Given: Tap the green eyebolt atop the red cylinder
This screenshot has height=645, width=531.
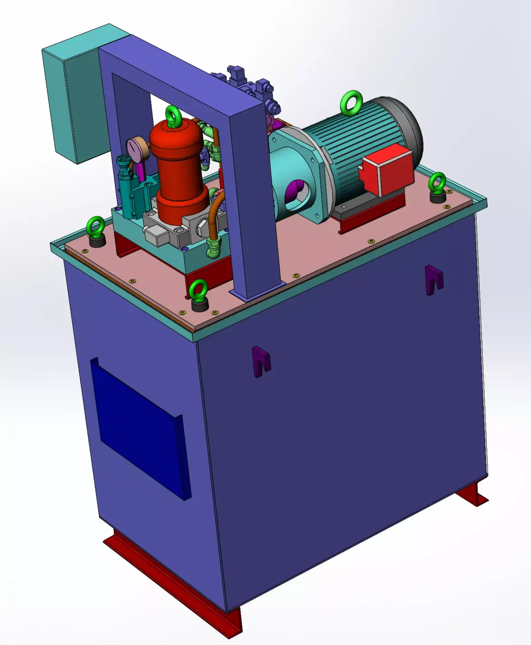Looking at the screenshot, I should click(x=173, y=116).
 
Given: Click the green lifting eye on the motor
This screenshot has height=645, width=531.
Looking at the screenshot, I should click(x=351, y=104).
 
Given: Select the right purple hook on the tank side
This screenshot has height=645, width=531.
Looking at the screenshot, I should click(x=434, y=280).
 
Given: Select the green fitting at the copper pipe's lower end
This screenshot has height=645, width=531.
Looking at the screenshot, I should click(x=214, y=246).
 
